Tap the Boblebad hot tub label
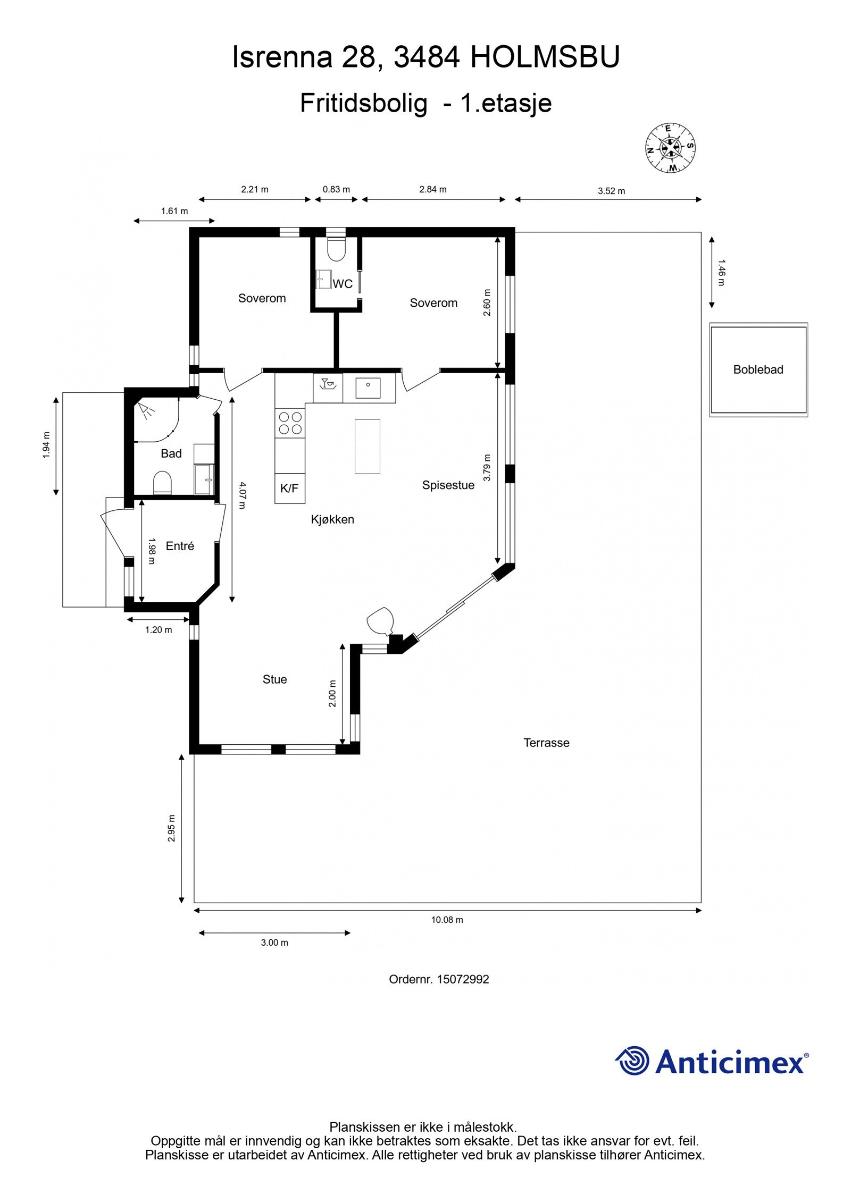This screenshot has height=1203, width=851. [758, 369]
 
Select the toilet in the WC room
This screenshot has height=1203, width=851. [336, 248]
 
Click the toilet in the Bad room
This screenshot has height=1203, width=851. [163, 483]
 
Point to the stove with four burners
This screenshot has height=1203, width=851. [290, 423]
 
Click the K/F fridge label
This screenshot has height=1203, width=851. [289, 488]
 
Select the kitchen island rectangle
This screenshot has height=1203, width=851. [368, 446]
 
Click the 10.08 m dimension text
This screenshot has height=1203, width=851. [447, 920]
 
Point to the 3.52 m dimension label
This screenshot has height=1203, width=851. [611, 191]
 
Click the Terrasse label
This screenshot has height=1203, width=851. [546, 743]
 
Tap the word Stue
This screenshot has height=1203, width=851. [274, 679]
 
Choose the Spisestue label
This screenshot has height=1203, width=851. [448, 485]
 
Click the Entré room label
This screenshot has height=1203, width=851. [180, 546]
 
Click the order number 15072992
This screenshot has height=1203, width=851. [463, 979]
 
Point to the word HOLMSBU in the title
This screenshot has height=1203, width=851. [545, 57]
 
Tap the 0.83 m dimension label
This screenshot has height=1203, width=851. [336, 189]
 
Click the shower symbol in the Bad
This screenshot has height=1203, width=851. [145, 409]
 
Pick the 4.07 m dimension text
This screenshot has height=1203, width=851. [242, 495]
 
